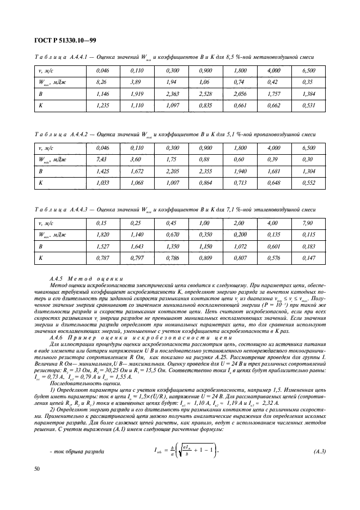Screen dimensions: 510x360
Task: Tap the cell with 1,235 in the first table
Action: pyautogui.click(x=102, y=106)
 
